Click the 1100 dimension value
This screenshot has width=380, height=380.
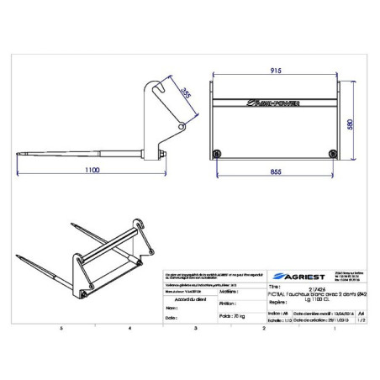[x=92, y=169]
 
